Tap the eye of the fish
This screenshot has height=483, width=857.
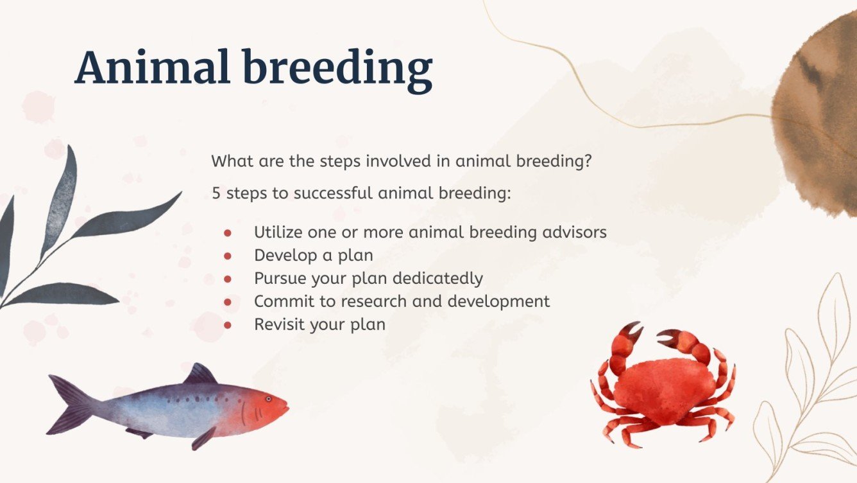coord(267,400)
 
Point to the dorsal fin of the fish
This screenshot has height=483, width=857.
coord(201,374)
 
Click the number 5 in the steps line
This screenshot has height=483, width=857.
coord(216,193)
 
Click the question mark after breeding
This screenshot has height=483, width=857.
coord(587,161)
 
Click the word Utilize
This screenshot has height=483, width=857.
coord(277,232)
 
